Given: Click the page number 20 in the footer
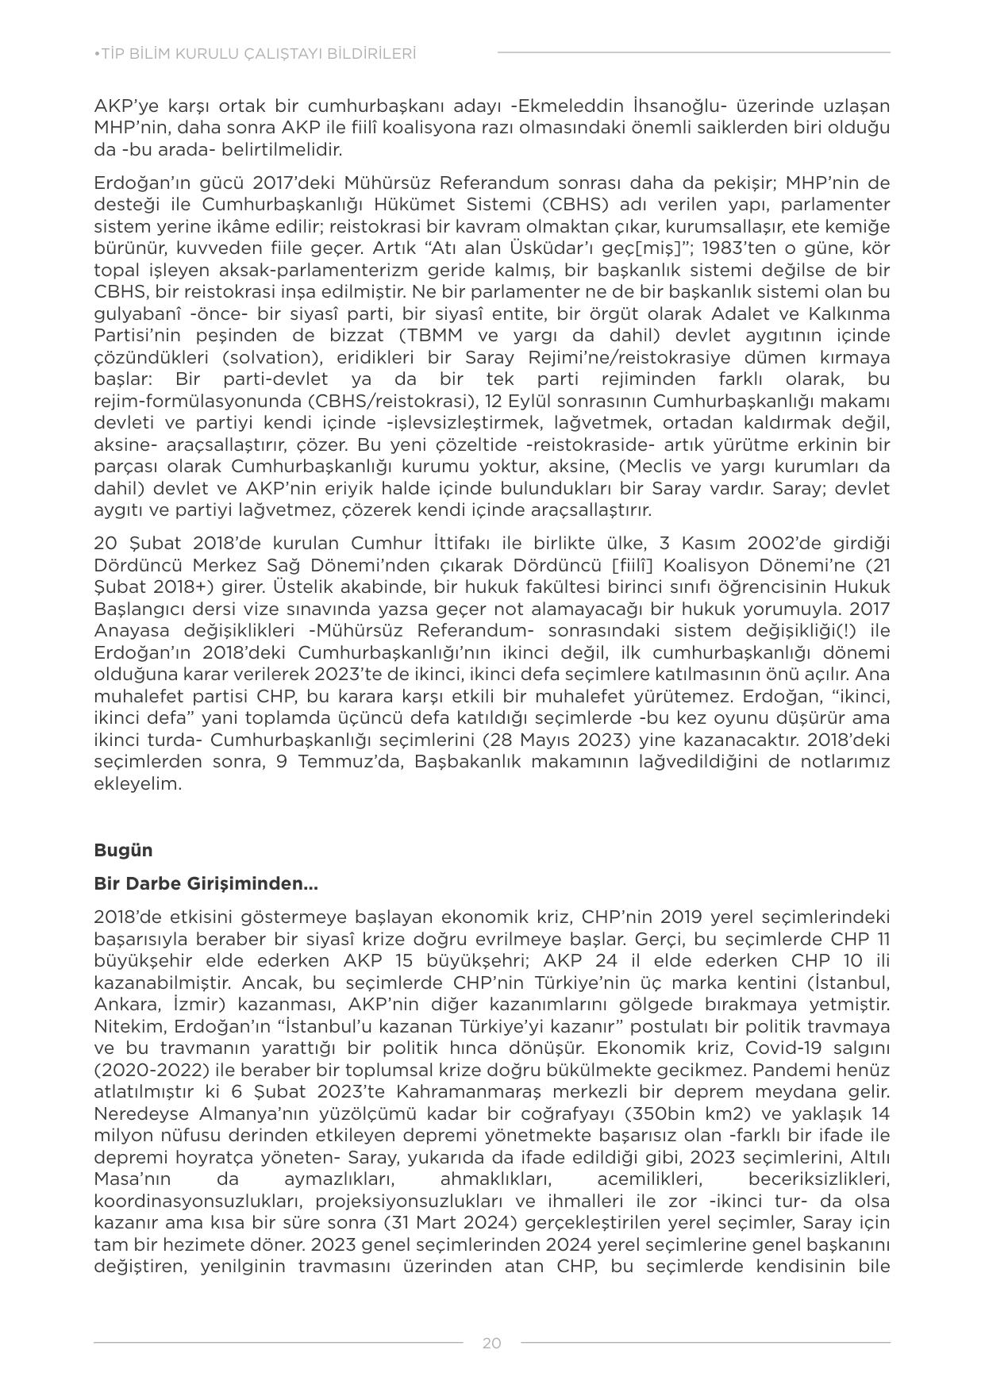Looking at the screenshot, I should (x=491, y=1343).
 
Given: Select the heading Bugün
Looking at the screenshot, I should (x=123, y=850).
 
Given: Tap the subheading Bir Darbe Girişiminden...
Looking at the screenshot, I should (x=206, y=883).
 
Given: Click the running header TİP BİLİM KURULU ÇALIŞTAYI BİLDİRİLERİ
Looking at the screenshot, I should (x=255, y=54).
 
